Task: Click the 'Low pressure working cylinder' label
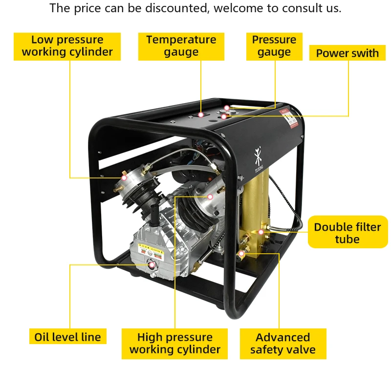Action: [67, 46]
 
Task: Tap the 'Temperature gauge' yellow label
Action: [181, 46]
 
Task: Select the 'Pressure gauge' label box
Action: [274, 46]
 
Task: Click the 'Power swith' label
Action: [347, 53]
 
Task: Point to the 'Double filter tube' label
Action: [347, 233]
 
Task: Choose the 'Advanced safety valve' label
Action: [282, 344]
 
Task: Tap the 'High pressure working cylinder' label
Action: [174, 344]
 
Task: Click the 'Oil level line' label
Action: [67, 337]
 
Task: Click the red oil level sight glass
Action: [152, 265]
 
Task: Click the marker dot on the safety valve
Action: [241, 254]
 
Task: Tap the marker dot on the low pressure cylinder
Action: [124, 177]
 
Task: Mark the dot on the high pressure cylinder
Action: [210, 196]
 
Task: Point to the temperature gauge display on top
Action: [201, 114]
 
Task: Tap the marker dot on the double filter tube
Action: [261, 231]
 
